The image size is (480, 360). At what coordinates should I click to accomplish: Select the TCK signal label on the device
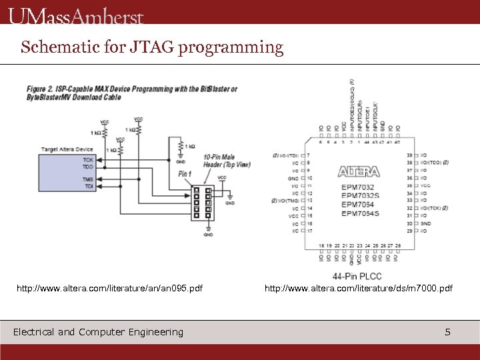pos(88,160)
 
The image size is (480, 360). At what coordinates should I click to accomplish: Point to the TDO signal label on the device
pos(88,167)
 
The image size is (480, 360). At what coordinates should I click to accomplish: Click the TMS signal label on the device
pos(88,180)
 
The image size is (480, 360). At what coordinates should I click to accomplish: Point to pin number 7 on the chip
pos(309,155)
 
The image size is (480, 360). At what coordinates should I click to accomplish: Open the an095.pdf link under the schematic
pos(109,288)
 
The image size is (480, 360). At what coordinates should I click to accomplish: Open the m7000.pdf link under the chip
pos(358,288)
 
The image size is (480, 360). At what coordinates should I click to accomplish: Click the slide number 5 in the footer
pos(448,332)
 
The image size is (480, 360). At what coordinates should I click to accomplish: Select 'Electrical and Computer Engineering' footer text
pos(98,332)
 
